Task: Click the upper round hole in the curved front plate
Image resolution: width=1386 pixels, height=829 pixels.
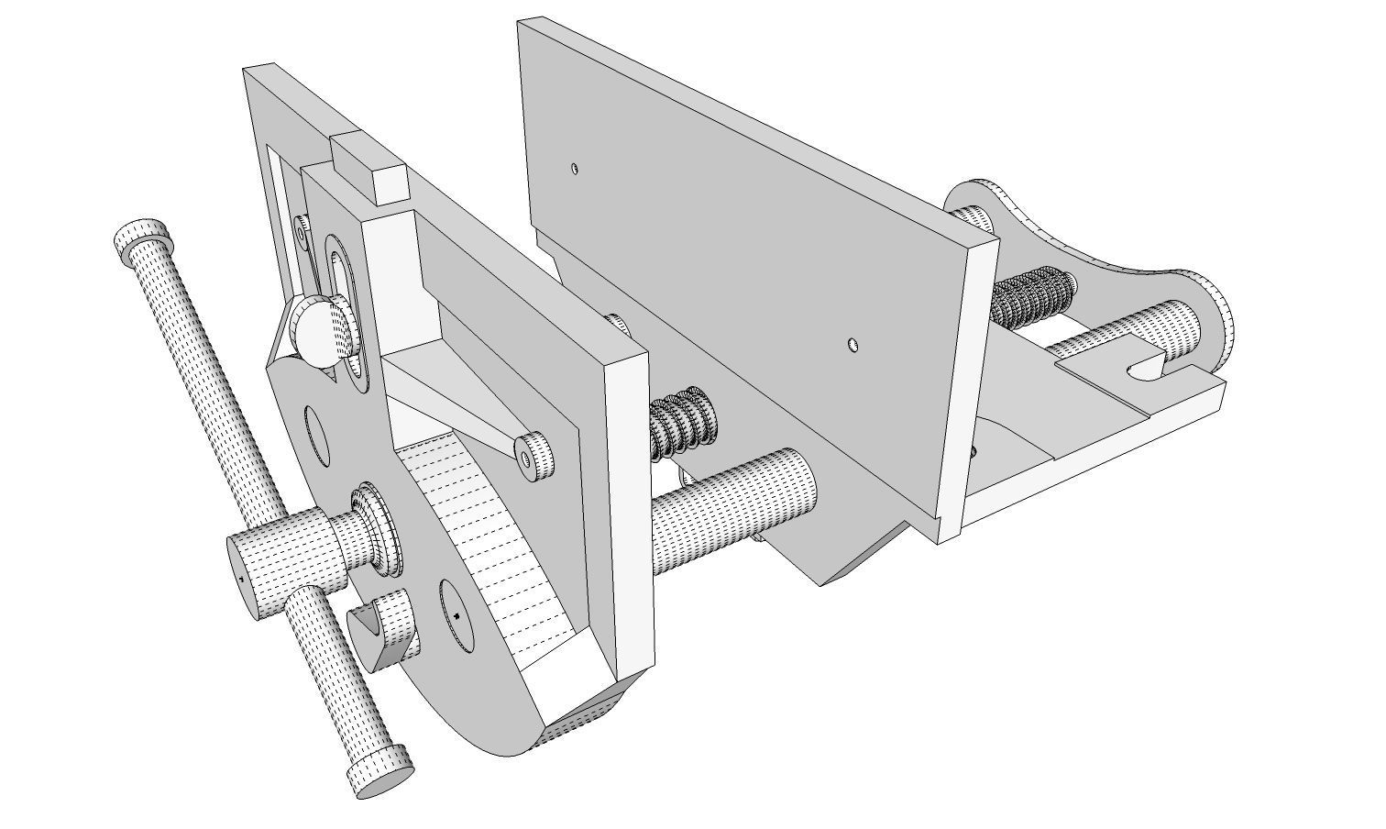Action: click(x=317, y=436)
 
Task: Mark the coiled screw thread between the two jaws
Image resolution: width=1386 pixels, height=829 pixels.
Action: click(x=679, y=423)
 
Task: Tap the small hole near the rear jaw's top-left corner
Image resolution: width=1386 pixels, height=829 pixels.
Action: click(x=574, y=169)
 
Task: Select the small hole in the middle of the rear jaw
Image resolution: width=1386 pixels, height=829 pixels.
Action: click(x=852, y=345)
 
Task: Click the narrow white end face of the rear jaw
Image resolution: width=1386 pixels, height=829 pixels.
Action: click(x=966, y=385)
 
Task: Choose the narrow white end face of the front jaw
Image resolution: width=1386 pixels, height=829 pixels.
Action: click(x=632, y=514)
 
